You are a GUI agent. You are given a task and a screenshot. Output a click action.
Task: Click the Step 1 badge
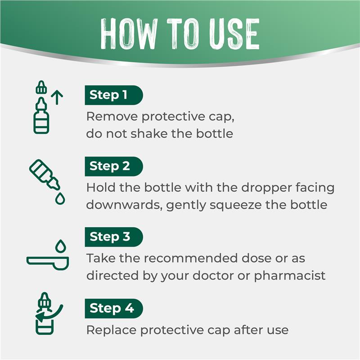pos(114,95)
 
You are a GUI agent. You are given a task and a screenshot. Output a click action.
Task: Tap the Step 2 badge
pos(114,166)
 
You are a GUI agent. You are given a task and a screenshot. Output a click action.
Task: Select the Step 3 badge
pos(114,237)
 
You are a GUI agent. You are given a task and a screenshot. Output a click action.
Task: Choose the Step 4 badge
pos(114,308)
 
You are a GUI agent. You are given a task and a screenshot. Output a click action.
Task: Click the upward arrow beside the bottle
pos(57,98)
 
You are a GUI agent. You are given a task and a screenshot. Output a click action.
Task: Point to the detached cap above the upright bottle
pos(41,87)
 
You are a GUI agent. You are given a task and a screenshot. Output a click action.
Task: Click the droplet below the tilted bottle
pos(60,198)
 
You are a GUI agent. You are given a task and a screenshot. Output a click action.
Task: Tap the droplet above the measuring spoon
pos(61,246)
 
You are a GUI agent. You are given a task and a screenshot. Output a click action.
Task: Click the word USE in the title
pos(234,34)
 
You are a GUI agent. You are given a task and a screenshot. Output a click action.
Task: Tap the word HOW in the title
pos(129,34)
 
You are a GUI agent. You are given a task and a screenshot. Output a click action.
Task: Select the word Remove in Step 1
pos(112,117)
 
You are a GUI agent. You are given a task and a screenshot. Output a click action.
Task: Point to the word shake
pos(149,133)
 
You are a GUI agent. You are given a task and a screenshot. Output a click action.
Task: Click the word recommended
pos(191,258)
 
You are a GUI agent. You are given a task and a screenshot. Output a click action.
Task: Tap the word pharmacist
pos(290,276)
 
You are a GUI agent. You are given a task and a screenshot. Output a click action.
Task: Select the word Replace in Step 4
pos(111,330)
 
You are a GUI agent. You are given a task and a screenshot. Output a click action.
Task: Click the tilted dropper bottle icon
pos(45,175)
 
